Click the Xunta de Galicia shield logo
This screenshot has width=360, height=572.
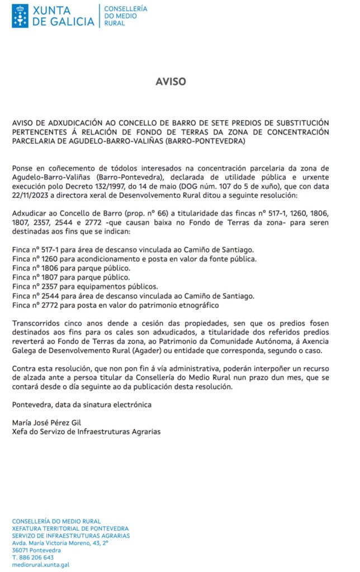[x=20, y=16]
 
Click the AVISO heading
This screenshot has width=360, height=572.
[x=170, y=82]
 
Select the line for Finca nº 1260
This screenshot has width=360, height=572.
[x=134, y=259]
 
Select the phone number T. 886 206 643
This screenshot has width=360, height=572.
[x=33, y=557]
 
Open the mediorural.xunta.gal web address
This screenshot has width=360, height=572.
[x=40, y=565]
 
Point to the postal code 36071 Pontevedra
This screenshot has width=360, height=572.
[x=36, y=550]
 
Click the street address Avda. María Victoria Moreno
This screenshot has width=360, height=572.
[x=60, y=542]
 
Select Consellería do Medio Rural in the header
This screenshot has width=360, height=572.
[x=126, y=16]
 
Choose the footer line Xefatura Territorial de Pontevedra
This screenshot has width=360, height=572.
[x=70, y=528]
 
